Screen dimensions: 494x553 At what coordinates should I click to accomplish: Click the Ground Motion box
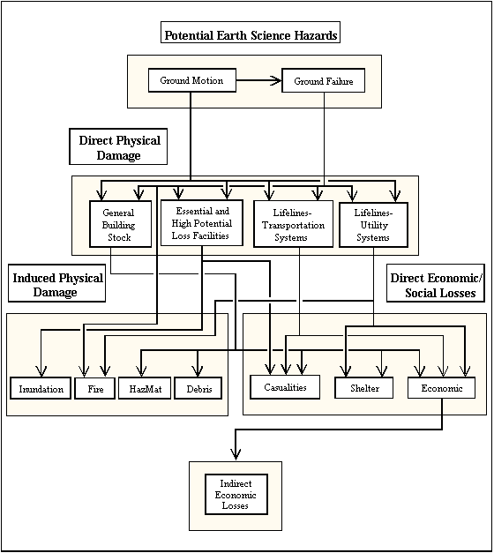[x=192, y=80]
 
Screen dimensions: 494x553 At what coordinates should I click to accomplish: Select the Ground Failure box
[x=323, y=81]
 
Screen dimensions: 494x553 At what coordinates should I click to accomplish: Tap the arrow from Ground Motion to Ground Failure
[x=258, y=80]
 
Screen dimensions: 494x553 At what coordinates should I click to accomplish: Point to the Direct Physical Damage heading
[x=118, y=146]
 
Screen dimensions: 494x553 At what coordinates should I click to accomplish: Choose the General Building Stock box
[x=120, y=224]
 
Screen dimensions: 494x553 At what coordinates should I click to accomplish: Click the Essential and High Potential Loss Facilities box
[x=202, y=223]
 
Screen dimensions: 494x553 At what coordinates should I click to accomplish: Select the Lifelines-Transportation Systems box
[x=293, y=224]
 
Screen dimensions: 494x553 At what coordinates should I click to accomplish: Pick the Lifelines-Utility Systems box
[x=373, y=225]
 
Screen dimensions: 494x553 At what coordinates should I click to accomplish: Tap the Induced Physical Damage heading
[x=56, y=283]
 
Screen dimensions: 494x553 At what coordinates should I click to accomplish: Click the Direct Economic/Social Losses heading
[x=436, y=283]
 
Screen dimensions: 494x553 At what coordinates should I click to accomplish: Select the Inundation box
[x=41, y=388]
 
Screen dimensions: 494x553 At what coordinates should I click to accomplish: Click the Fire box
[x=95, y=388]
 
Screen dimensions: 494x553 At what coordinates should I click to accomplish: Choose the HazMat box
[x=145, y=388]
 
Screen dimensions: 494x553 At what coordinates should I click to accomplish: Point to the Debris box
[x=198, y=388]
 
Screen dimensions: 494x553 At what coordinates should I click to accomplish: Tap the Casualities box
[x=285, y=387]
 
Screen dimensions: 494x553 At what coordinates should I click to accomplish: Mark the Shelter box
[x=363, y=388]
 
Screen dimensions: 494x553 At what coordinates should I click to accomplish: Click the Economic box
[x=441, y=388]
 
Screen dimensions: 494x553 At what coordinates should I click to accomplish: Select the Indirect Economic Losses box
[x=236, y=494]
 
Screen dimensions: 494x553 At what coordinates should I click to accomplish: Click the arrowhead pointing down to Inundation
[x=41, y=371]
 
